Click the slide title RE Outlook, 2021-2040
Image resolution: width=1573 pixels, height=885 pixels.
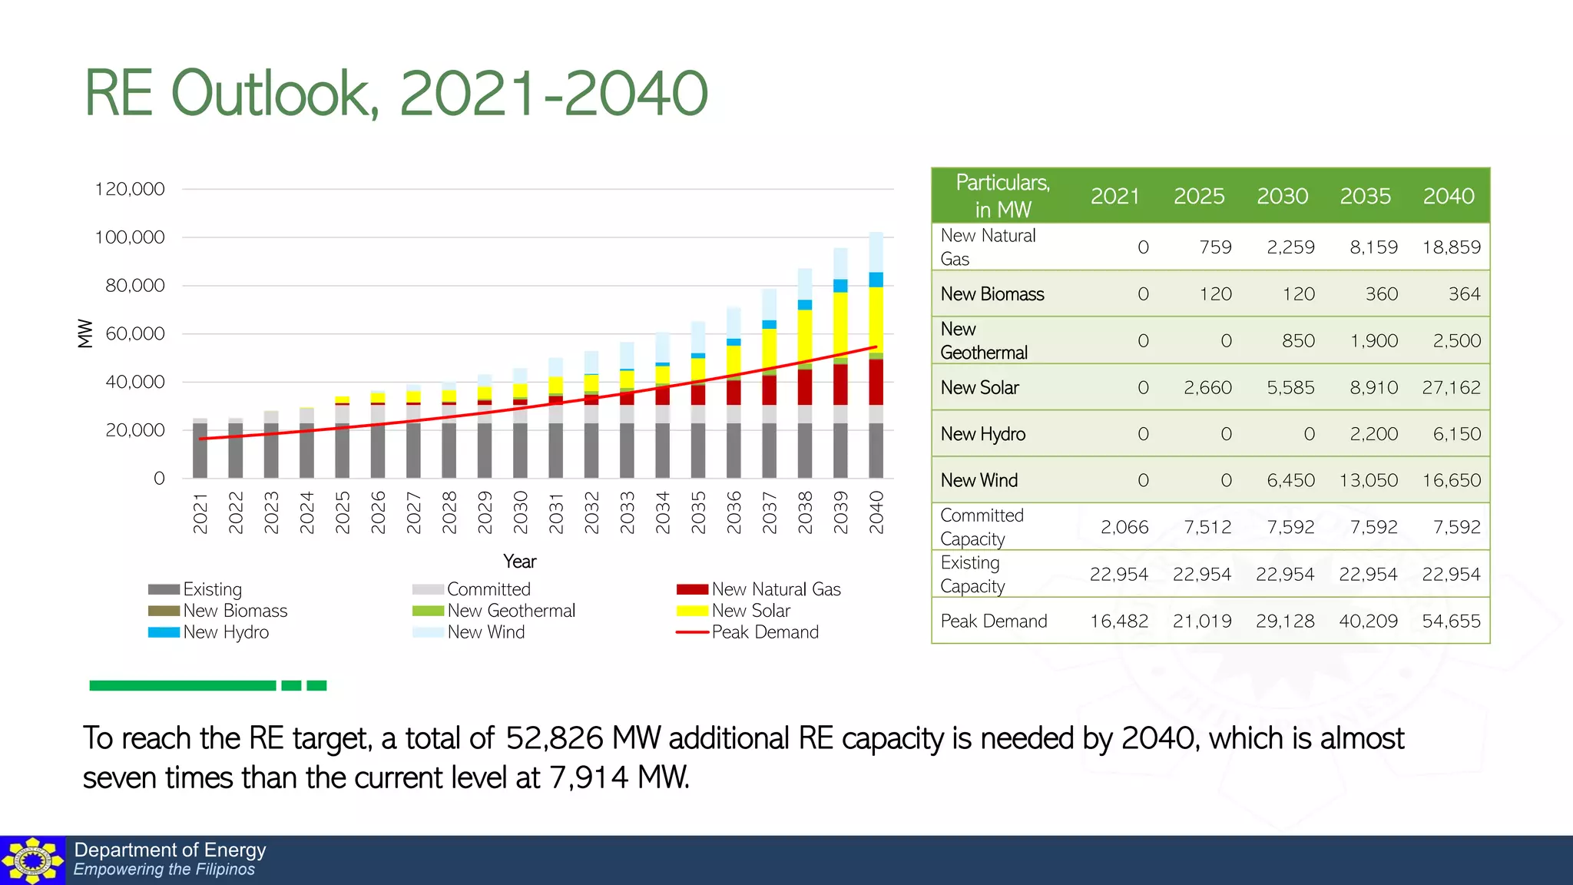[x=396, y=93]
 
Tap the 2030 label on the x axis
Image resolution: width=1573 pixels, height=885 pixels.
[x=520, y=512]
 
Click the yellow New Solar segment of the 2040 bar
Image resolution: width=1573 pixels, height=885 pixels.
[x=876, y=319]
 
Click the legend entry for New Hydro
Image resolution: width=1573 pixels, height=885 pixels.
[x=208, y=632]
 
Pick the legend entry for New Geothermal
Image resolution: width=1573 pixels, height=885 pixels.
[x=493, y=611]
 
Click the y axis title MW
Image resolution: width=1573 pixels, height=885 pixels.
[x=85, y=333]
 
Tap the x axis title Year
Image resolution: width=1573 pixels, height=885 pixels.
[x=519, y=562]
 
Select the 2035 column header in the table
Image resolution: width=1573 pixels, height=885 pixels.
[x=1365, y=197]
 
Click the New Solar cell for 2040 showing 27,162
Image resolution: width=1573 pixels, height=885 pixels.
[x=1450, y=387]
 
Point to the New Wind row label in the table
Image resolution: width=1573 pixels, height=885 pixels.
[x=979, y=480]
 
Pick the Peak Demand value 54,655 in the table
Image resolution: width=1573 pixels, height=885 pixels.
[x=1450, y=621]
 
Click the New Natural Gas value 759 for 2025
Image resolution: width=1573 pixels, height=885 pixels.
[x=1214, y=247]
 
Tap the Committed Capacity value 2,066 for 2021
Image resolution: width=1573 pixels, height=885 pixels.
[x=1124, y=527]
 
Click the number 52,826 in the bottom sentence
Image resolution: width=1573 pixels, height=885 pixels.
[x=554, y=738]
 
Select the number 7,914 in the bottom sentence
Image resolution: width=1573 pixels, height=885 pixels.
[x=588, y=778]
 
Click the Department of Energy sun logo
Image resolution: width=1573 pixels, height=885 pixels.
[x=32, y=860]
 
